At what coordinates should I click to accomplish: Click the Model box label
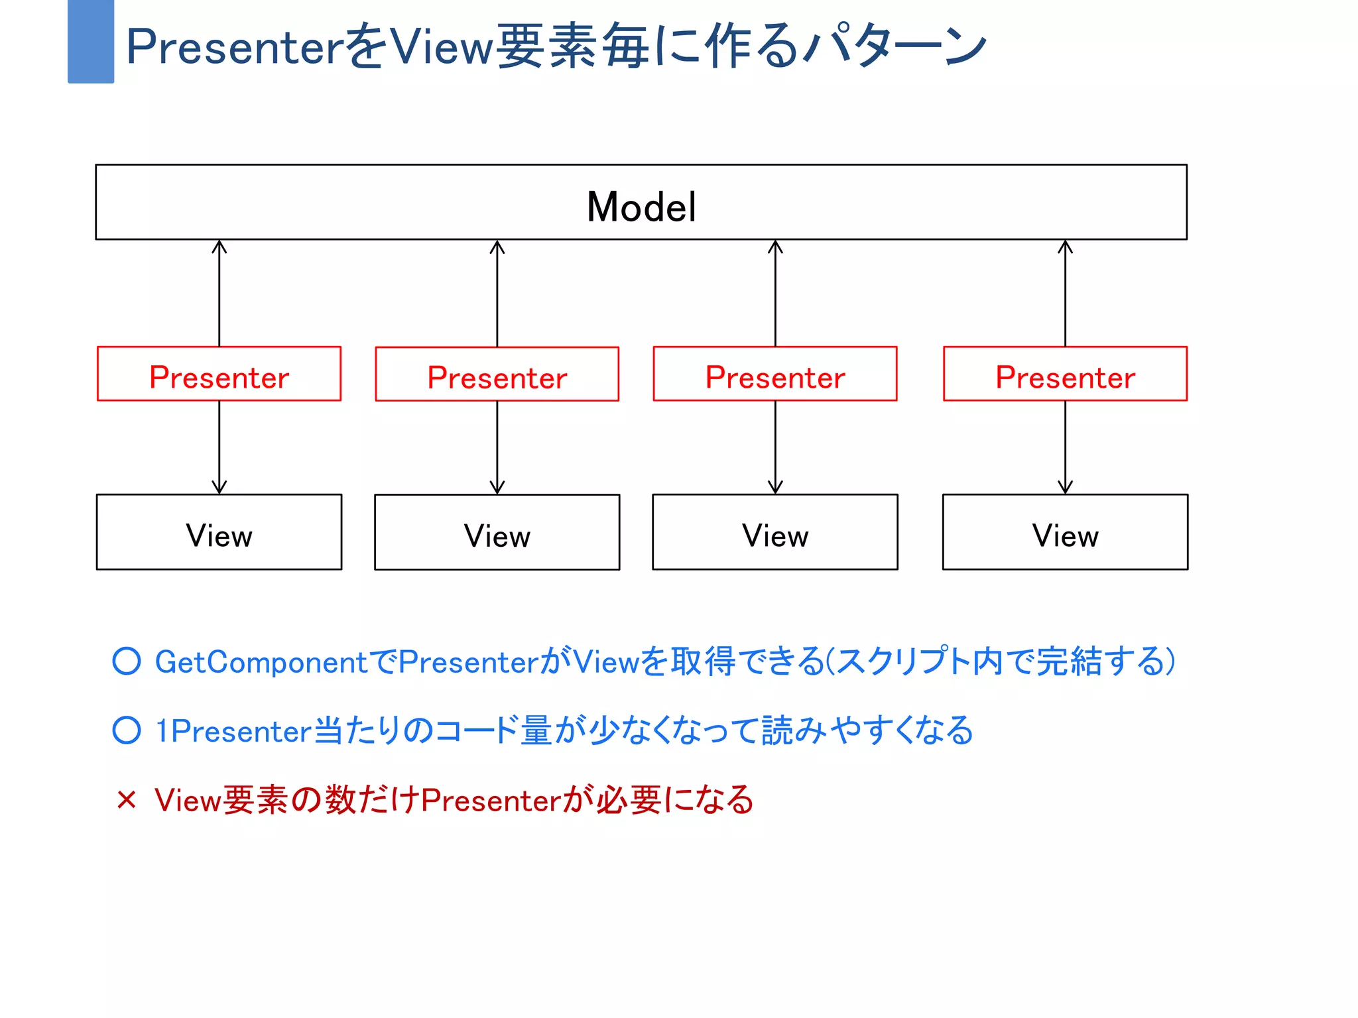[641, 207]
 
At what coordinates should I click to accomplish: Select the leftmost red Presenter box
[219, 374]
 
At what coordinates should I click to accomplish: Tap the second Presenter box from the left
[497, 374]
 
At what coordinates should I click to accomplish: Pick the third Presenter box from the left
[774, 374]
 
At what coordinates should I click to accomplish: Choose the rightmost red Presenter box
[1065, 374]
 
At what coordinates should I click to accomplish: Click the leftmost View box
[219, 532]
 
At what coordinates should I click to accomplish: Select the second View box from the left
[497, 532]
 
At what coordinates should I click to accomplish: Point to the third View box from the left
[774, 532]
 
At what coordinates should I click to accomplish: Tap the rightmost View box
[1065, 532]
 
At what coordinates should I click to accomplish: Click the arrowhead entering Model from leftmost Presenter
[219, 246]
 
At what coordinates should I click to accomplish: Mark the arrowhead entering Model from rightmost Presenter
[1065, 246]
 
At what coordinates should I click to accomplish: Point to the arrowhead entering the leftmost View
[219, 488]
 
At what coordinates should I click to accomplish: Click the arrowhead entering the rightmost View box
[1065, 488]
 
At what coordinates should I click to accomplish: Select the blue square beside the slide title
[91, 41]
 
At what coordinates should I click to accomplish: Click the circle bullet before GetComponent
[127, 661]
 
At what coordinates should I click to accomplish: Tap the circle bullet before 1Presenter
[127, 730]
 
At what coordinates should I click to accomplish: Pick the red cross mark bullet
[126, 799]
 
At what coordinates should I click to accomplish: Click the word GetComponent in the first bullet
[261, 662]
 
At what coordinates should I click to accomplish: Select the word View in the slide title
[441, 46]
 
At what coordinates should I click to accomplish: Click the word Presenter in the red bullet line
[491, 800]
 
